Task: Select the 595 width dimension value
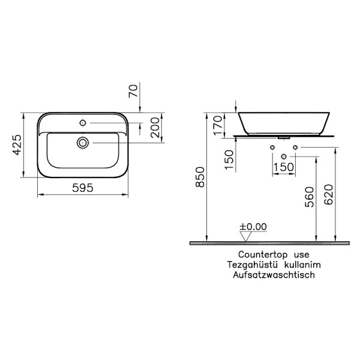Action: tap(83, 188)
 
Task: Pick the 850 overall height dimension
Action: tap(200, 177)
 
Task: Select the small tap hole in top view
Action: tap(83, 123)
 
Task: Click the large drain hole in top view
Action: tap(83, 142)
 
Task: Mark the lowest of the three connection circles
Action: tap(284, 157)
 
